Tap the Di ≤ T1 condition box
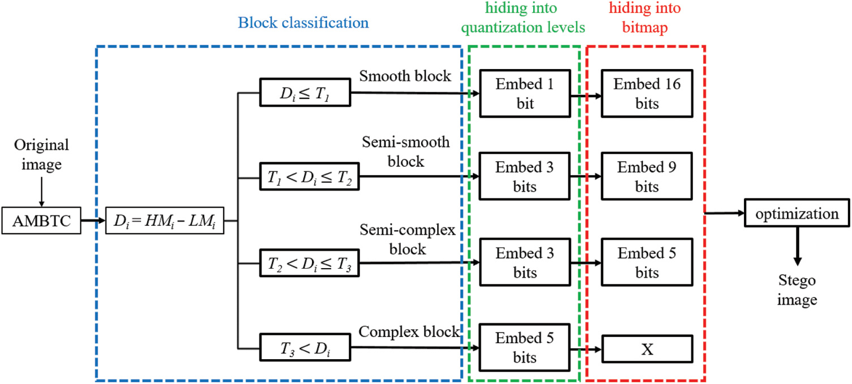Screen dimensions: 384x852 (x=305, y=92)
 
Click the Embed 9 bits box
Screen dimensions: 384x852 (x=647, y=176)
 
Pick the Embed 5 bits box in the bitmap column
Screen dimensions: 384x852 (x=647, y=263)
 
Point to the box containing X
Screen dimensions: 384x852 (x=647, y=350)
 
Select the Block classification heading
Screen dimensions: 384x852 (x=303, y=23)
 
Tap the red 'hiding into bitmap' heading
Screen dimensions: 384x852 (x=645, y=16)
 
